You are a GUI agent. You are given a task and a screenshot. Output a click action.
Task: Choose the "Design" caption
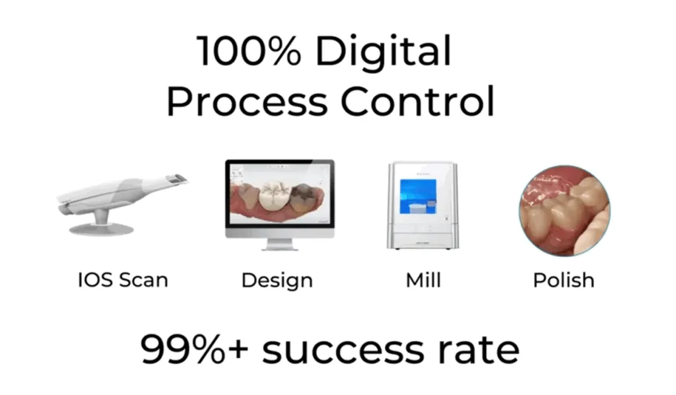277,279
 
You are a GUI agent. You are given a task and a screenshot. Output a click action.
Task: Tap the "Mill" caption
422,279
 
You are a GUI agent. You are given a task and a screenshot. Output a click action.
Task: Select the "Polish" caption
563,279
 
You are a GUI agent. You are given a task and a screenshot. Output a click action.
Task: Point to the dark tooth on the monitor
304,197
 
